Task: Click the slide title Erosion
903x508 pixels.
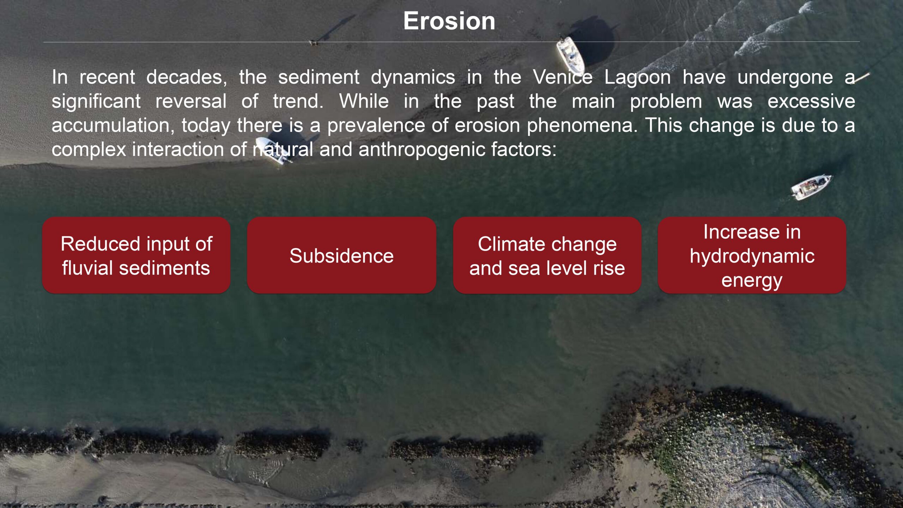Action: click(449, 21)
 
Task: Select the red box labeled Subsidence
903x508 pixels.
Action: click(341, 255)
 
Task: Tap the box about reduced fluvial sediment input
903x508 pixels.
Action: click(136, 255)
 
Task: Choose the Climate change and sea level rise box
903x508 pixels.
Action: click(547, 255)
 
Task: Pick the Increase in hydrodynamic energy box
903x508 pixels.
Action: click(752, 255)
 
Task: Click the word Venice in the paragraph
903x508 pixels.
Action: click(563, 77)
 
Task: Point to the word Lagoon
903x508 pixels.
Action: click(637, 78)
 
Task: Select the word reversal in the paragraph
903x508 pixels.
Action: click(191, 101)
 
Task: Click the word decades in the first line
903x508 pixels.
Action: click(187, 77)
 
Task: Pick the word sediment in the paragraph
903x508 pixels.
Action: click(319, 77)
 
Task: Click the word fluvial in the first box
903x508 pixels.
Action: click(87, 268)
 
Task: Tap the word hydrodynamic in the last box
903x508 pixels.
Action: click(752, 256)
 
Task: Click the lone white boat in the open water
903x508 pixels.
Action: click(811, 187)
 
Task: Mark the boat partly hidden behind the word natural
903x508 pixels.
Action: click(274, 151)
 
